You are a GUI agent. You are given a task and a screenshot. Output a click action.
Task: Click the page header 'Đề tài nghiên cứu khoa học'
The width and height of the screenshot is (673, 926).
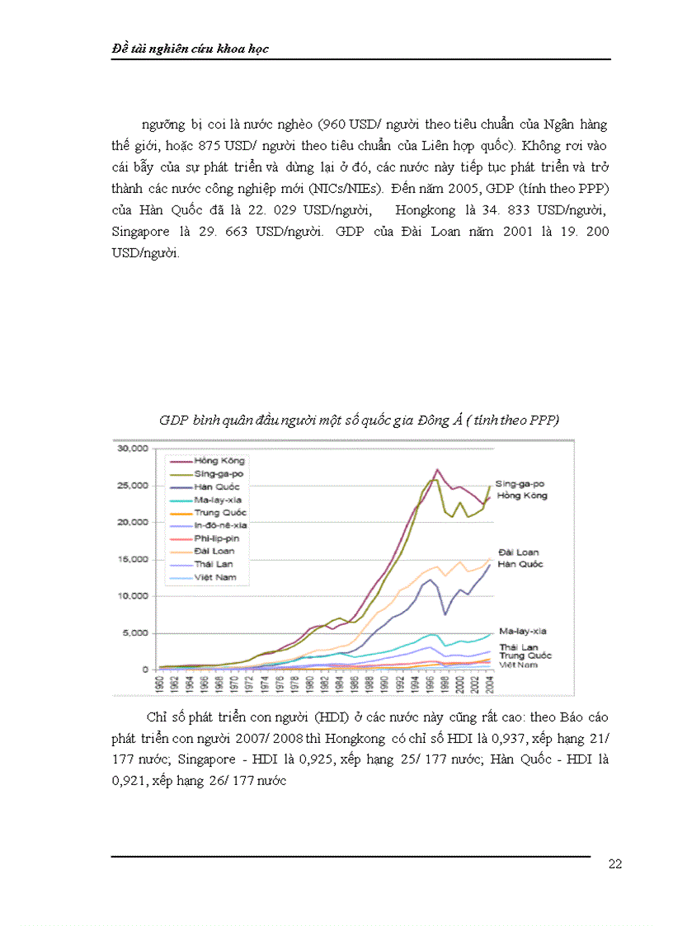coord(190,49)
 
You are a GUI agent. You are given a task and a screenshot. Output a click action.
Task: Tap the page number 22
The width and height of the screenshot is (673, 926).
coord(614,863)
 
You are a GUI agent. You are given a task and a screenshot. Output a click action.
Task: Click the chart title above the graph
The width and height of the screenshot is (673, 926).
coord(359,421)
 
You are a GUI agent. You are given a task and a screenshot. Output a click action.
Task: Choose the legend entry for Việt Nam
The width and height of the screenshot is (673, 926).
coord(216,577)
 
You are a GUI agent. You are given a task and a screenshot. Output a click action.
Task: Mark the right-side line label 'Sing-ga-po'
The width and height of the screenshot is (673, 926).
coord(520,484)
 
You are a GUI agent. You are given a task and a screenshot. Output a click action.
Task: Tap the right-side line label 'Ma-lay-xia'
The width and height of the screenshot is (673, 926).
coord(523,631)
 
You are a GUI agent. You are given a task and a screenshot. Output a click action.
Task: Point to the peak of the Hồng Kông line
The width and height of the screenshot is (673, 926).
coord(437,470)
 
